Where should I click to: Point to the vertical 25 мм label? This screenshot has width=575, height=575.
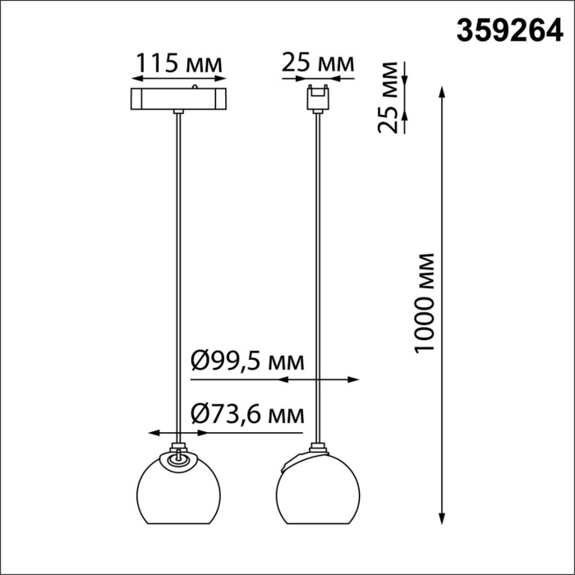[393, 97]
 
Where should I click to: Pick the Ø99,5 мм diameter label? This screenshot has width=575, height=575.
[246, 361]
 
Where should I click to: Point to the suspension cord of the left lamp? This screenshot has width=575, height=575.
[178, 271]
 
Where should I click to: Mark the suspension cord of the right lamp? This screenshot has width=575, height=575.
[317, 271]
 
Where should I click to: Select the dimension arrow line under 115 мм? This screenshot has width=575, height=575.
[179, 79]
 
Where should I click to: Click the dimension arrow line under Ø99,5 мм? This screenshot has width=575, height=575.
[317, 379]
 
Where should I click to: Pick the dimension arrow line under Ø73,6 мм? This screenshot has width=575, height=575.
[178, 432]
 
